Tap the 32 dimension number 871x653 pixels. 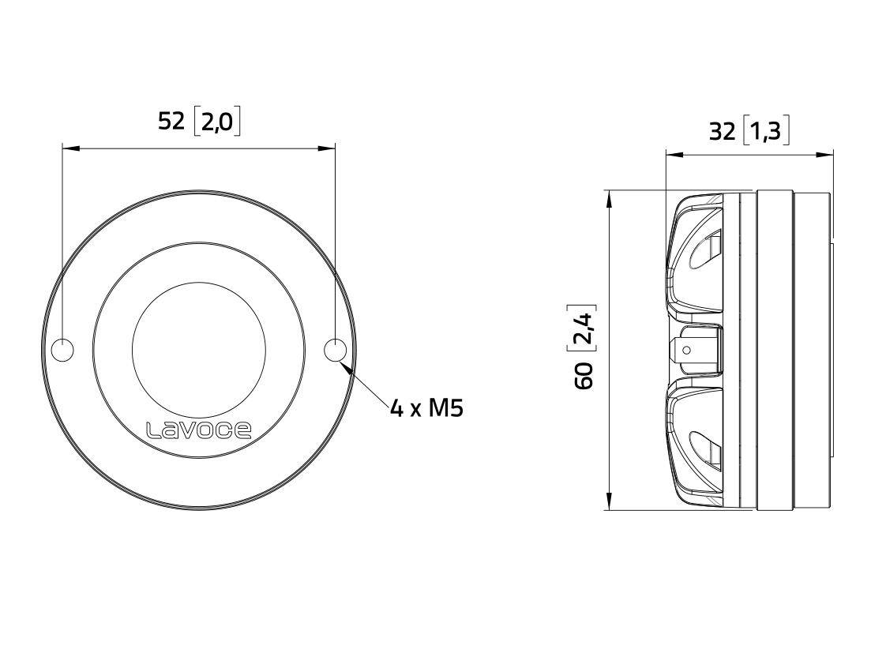pos(721,130)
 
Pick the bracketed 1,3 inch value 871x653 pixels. pos(765,130)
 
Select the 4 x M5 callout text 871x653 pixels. pos(426,408)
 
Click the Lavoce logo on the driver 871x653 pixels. pos(199,430)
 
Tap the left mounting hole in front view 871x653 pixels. pos(62,350)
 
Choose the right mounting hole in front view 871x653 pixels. pos(335,350)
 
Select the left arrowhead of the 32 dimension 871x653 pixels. pos(671,155)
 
